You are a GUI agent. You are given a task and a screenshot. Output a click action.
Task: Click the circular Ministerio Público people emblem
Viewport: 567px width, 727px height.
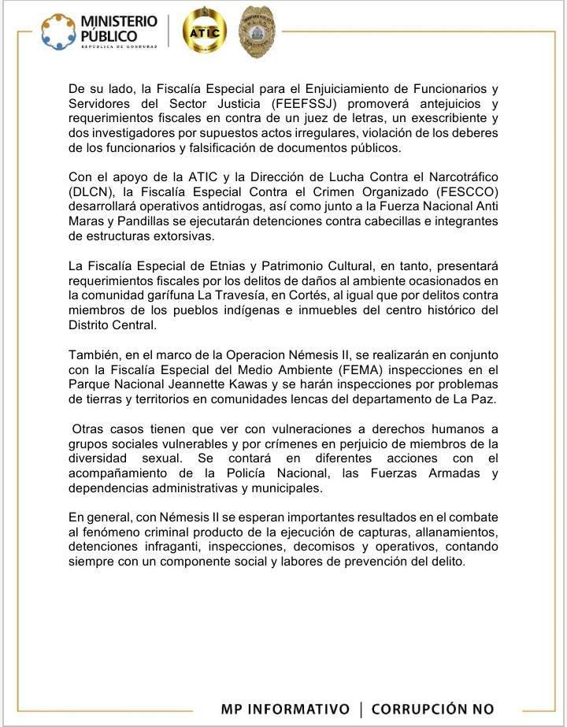tap(58, 31)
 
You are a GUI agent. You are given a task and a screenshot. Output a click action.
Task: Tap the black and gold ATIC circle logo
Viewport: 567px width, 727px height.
tap(204, 31)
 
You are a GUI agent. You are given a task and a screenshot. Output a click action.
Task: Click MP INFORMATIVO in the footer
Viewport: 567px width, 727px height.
tap(285, 709)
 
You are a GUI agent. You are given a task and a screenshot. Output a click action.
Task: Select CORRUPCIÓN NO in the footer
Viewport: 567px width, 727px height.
tap(432, 709)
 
